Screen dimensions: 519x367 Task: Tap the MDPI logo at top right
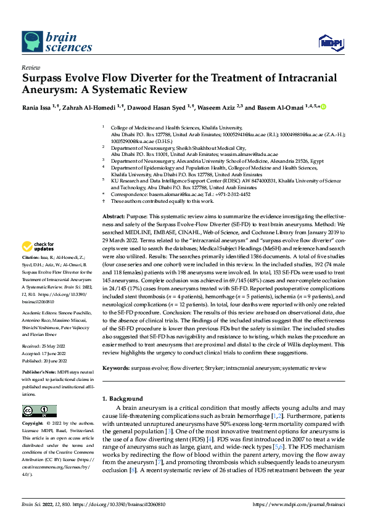(329, 42)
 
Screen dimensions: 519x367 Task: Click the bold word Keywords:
(115, 367)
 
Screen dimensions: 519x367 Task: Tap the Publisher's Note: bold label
(38, 374)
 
